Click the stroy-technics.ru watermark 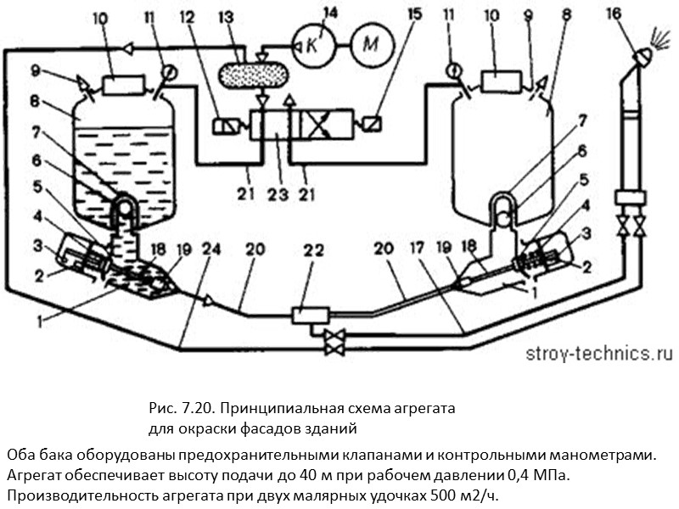coord(586,354)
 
